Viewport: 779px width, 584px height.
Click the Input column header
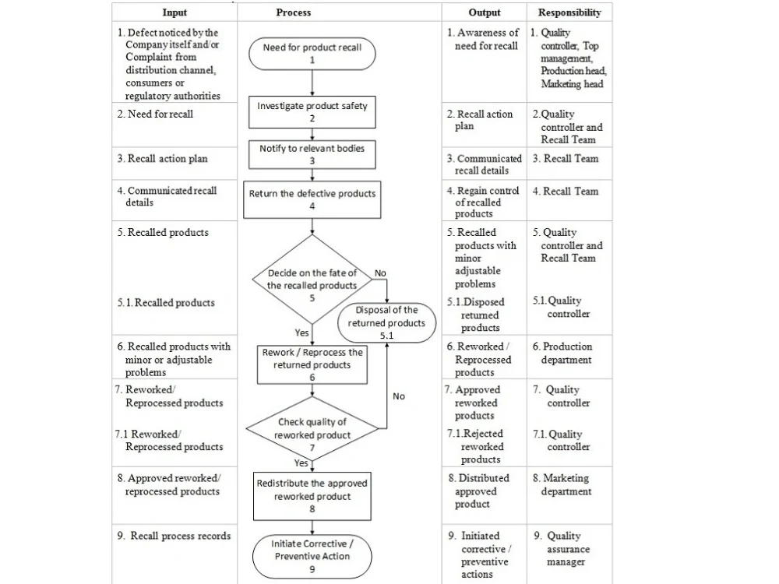coord(174,12)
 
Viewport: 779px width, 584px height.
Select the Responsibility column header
coord(569,12)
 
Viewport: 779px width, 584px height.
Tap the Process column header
coord(294,12)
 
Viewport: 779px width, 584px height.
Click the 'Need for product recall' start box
coord(312,53)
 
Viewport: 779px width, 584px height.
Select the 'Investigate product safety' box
coord(312,111)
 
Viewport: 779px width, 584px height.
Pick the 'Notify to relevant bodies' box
coord(312,153)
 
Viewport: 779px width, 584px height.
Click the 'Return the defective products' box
coord(312,199)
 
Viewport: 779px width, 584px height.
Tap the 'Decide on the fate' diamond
coord(312,280)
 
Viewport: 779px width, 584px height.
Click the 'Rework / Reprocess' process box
coord(312,364)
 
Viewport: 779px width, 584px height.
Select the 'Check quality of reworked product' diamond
coord(312,429)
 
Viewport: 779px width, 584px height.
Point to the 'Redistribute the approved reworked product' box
coord(312,496)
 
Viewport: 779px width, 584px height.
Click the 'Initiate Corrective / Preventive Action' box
coord(312,555)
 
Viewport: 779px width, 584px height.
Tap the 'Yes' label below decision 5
coord(302,332)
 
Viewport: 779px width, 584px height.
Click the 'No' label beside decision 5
coord(380,273)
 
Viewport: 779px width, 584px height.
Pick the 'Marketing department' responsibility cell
coord(567,484)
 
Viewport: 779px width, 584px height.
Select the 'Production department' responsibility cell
coord(567,353)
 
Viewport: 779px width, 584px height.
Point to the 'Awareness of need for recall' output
coord(483,39)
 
